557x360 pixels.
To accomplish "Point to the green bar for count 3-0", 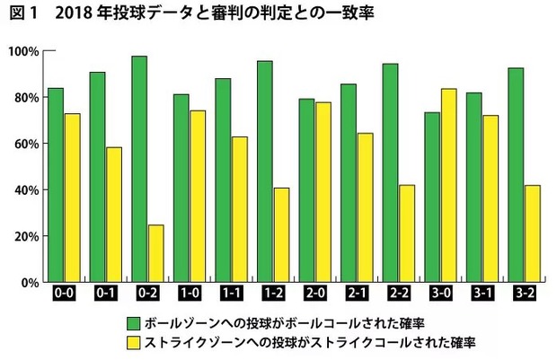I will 432,197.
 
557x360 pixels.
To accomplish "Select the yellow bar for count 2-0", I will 323,192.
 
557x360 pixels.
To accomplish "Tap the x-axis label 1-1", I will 231,293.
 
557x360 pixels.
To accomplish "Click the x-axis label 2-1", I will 357,293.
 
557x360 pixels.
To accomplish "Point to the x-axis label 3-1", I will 482,293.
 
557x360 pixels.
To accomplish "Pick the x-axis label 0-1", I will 105,293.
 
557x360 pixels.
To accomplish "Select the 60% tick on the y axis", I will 24,144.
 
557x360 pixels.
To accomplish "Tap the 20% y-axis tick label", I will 24,236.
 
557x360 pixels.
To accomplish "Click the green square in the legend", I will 133,321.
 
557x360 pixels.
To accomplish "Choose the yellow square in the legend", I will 133,342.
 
